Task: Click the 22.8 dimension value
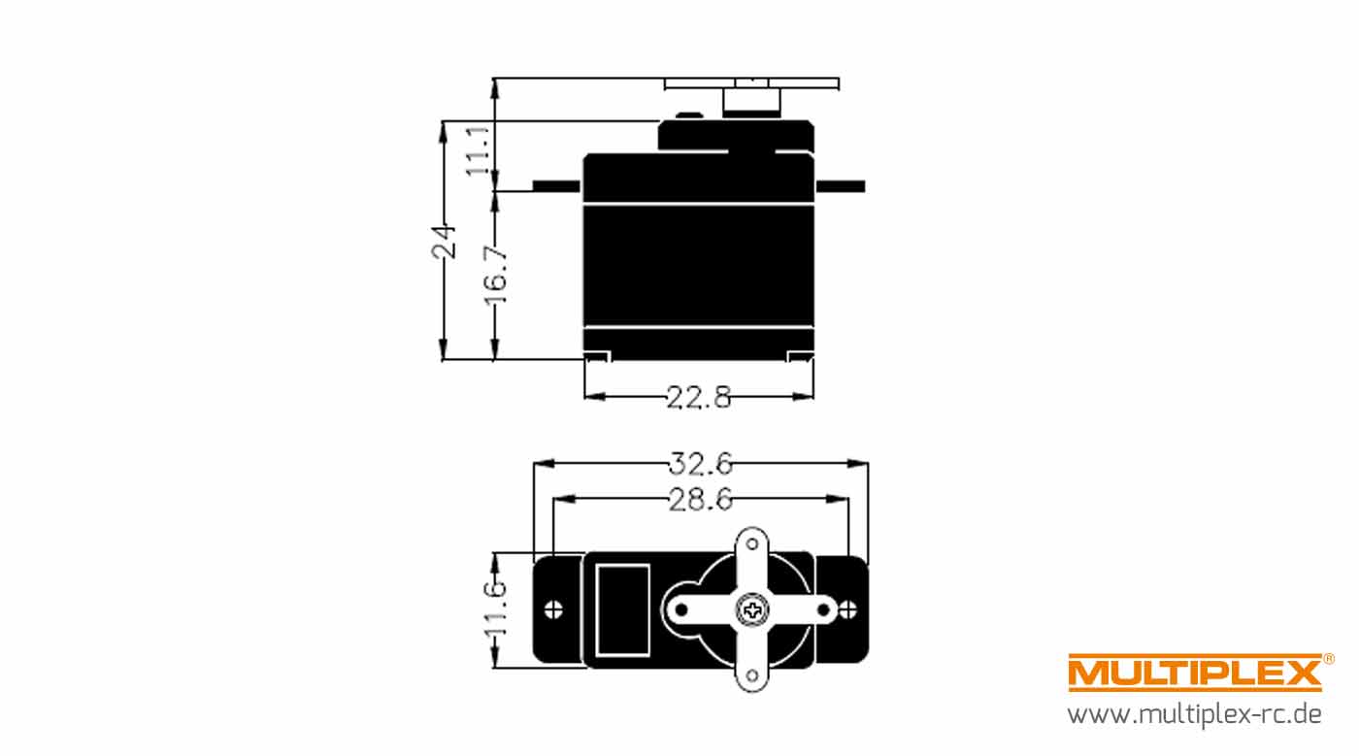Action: [699, 398]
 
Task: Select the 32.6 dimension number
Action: [701, 464]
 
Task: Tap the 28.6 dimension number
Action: [701, 500]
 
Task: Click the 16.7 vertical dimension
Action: [496, 275]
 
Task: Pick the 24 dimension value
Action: [444, 242]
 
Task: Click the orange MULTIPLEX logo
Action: [1195, 673]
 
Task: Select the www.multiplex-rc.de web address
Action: [1194, 714]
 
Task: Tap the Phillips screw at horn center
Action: [752, 609]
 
